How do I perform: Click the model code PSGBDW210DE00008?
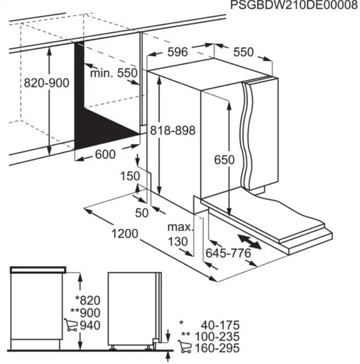pos(294,5)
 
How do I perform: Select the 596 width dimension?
pos(177,52)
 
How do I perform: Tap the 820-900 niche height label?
pos(46,83)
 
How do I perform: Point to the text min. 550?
pos(114,73)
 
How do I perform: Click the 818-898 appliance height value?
pos(173,130)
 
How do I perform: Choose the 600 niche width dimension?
pos(105,154)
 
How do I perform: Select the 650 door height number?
pos(224,159)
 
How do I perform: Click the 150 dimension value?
pos(130,176)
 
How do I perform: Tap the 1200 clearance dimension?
pos(125,234)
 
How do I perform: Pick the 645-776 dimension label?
pos(228,253)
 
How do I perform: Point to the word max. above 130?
pos(181,227)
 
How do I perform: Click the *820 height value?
pos(88,300)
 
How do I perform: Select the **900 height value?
pos(85,312)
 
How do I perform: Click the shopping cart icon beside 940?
pos(71,325)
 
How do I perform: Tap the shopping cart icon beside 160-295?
pos(185,347)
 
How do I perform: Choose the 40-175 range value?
pos(220,325)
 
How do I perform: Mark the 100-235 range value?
pos(217,336)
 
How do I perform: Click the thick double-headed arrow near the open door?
pos(249,242)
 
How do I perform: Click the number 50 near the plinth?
pos(142,212)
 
